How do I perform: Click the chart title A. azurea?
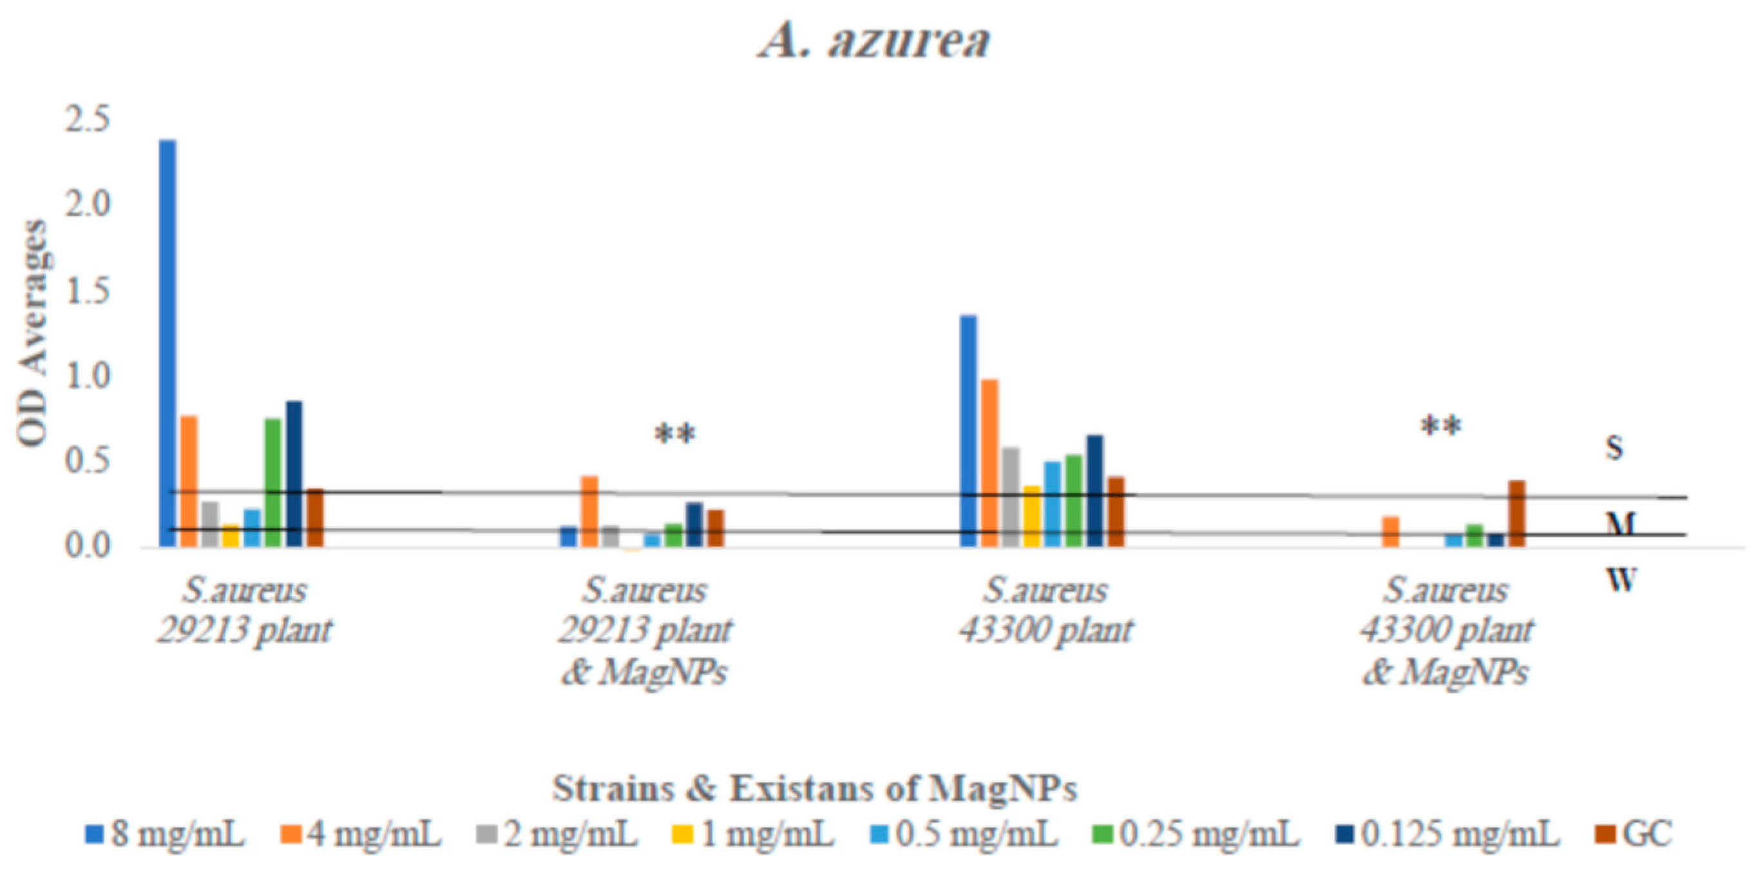pyautogui.click(x=875, y=41)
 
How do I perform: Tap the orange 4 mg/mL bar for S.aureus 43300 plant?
pyautogui.click(x=990, y=463)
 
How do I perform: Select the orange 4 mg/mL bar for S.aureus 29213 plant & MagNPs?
pyautogui.click(x=589, y=510)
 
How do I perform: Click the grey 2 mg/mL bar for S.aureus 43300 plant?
pyautogui.click(x=1011, y=497)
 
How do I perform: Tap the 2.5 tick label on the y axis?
pyautogui.click(x=86, y=121)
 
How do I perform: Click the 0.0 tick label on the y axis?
pyautogui.click(x=86, y=547)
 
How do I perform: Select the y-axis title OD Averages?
pyautogui.click(x=33, y=334)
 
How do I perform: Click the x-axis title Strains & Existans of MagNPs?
pyautogui.click(x=815, y=789)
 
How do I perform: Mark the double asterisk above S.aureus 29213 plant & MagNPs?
pyautogui.click(x=675, y=434)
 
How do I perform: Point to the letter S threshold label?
pyautogui.click(x=1614, y=448)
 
